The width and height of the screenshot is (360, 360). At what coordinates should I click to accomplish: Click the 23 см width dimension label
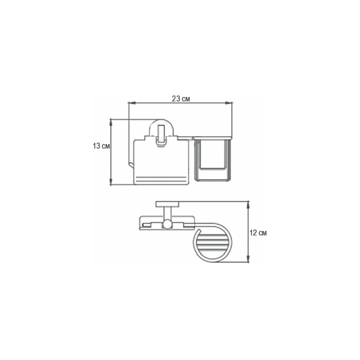tap(181, 99)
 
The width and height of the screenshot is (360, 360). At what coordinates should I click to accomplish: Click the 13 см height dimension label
tap(101, 146)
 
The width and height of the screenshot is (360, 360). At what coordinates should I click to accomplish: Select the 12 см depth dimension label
tap(258, 233)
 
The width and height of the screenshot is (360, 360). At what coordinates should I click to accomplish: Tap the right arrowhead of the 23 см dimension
tap(229, 103)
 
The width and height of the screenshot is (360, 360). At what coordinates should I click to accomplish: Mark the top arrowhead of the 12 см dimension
tap(248, 204)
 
